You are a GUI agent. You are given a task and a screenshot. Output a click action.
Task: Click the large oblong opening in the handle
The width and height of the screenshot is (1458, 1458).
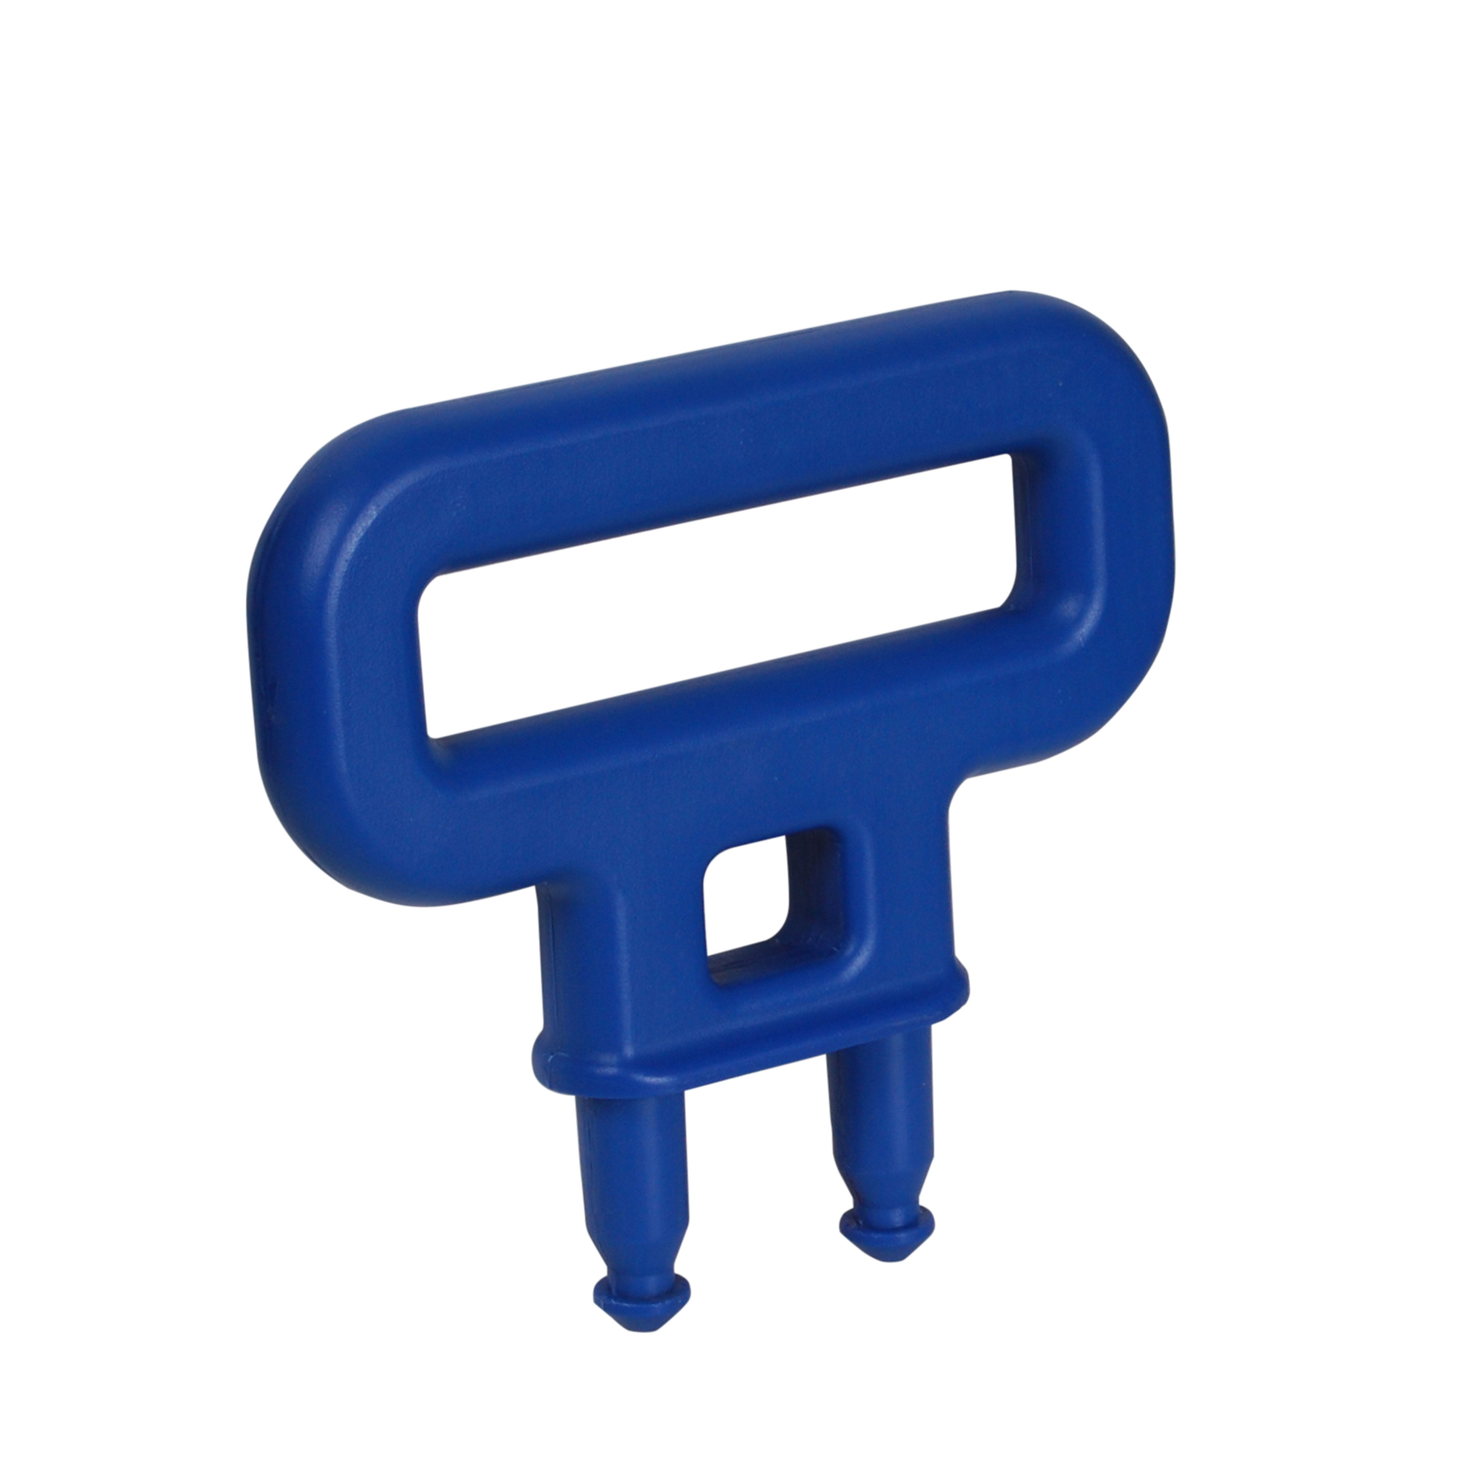click(717, 596)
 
